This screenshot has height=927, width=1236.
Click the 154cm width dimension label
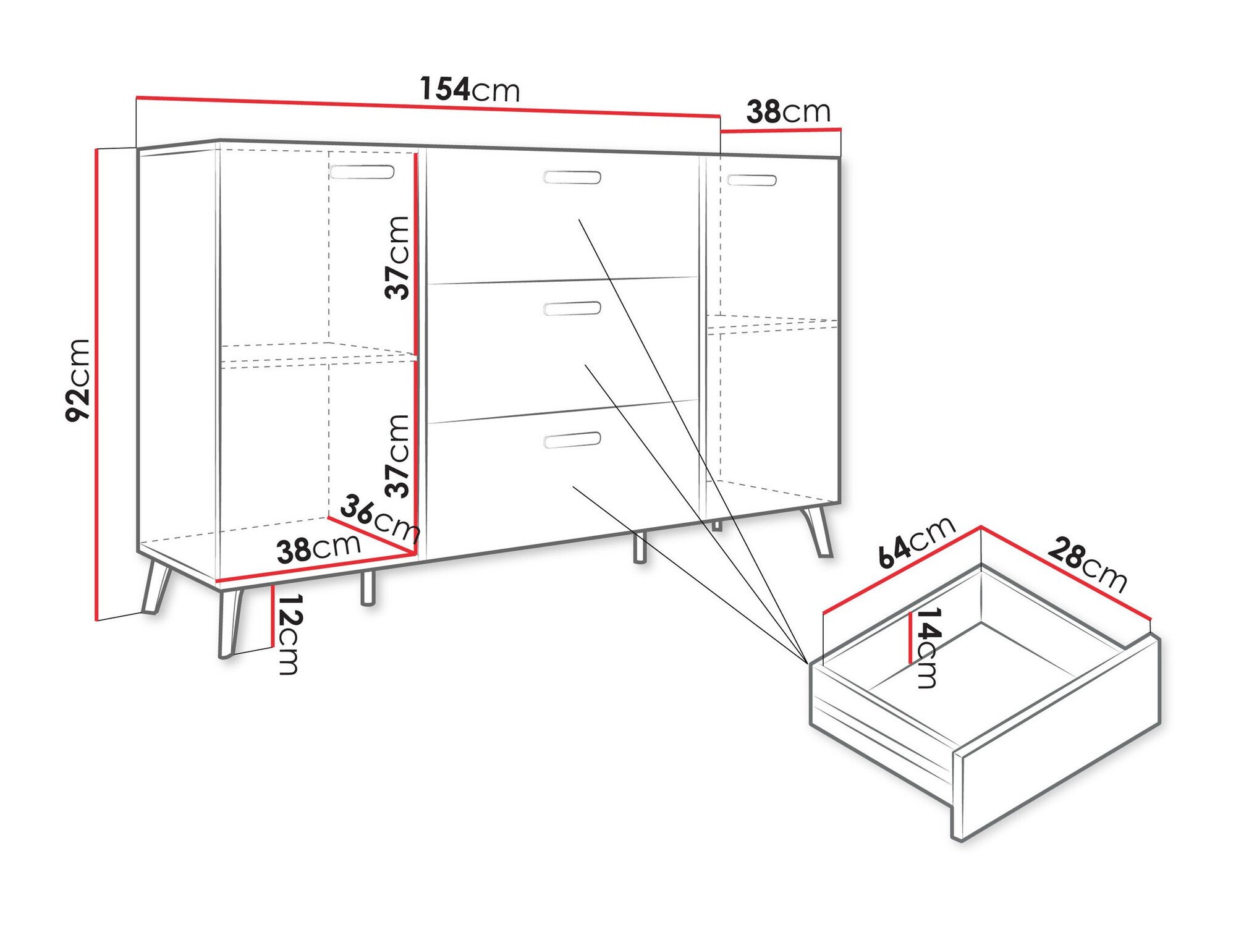pyautogui.click(x=470, y=89)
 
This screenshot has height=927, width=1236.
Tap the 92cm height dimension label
pyautogui.click(x=78, y=380)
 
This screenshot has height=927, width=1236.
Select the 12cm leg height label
pyautogui.click(x=289, y=634)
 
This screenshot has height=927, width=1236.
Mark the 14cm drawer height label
pyautogui.click(x=928, y=647)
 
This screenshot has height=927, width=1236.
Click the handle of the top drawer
pyautogui.click(x=572, y=177)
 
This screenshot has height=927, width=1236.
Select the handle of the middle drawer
pyautogui.click(x=572, y=308)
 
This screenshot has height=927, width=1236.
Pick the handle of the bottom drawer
pyautogui.click(x=572, y=439)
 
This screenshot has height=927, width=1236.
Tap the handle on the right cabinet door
pyautogui.click(x=751, y=180)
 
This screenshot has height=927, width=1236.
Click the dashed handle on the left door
pyautogui.click(x=362, y=171)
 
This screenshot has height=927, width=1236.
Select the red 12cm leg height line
pyautogui.click(x=273, y=616)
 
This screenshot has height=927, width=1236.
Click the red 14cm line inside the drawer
pyautogui.click(x=911, y=637)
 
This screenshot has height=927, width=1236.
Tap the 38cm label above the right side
pyautogui.click(x=788, y=112)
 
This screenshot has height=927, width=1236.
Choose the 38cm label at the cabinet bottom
pyautogui.click(x=318, y=548)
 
